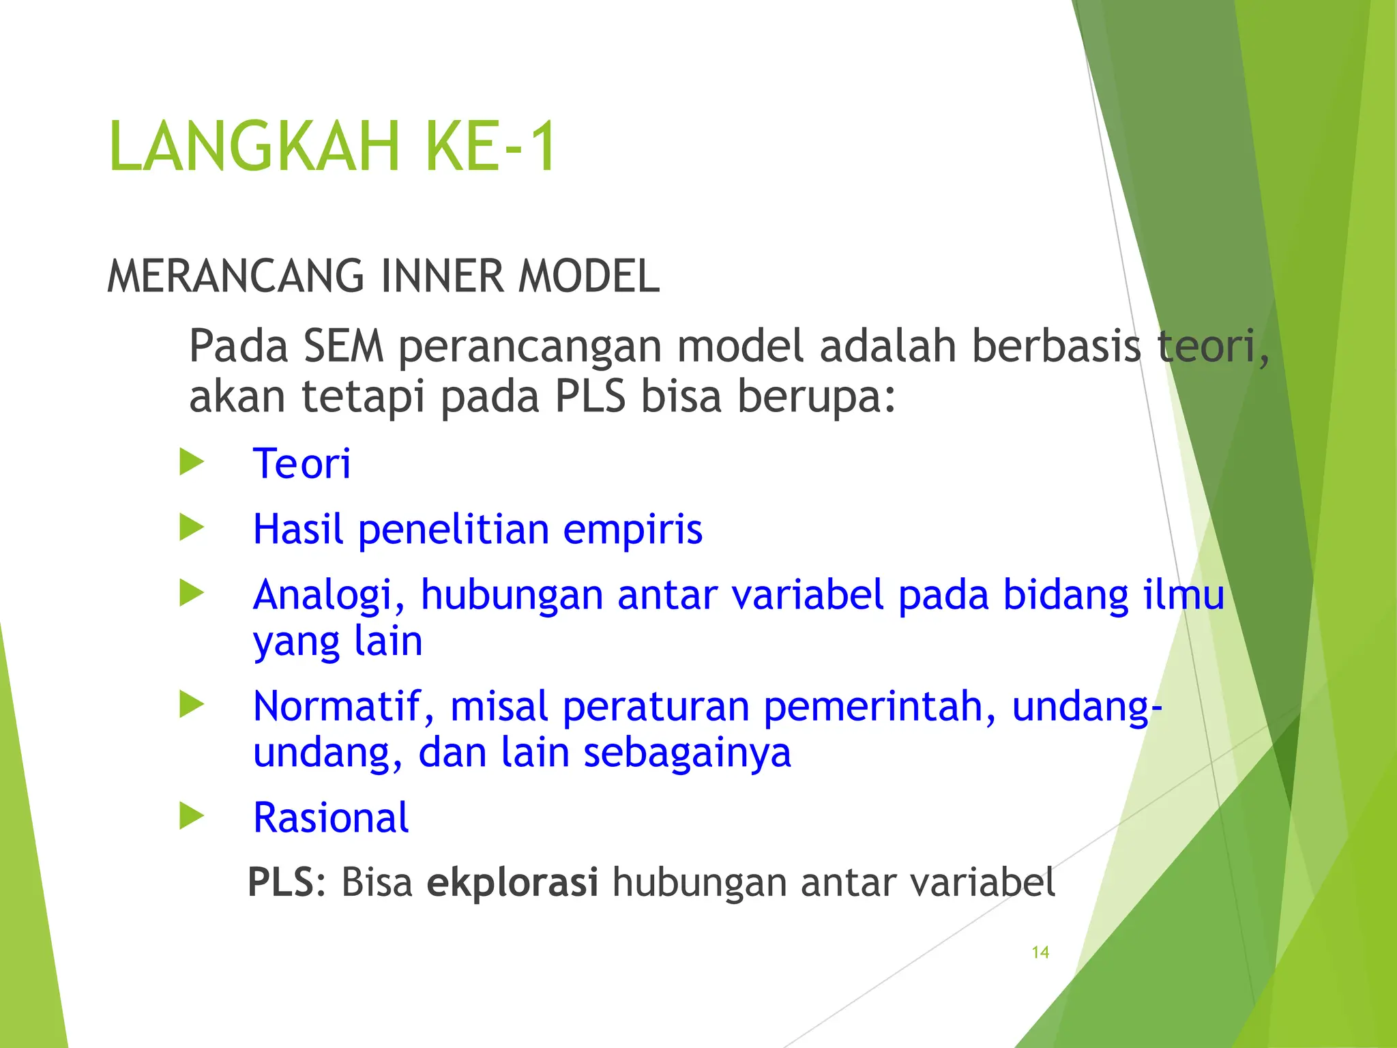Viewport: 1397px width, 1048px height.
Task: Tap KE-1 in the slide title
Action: [x=490, y=147]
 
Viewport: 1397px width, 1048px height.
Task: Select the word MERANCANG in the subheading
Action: [x=235, y=276]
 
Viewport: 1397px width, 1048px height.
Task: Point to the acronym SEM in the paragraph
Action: [x=343, y=346]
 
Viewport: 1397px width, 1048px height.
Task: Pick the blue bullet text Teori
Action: [x=302, y=464]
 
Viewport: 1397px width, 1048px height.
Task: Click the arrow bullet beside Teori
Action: [x=192, y=462]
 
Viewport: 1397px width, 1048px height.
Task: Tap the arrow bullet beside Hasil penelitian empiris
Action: [x=192, y=527]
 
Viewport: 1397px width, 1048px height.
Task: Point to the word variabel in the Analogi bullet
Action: [x=808, y=595]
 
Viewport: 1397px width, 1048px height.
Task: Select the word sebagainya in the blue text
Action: [x=687, y=753]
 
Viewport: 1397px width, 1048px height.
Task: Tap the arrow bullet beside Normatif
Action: [x=192, y=704]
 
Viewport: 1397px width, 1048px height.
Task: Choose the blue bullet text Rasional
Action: [x=331, y=817]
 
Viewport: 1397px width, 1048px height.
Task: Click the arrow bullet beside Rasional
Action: [x=192, y=815]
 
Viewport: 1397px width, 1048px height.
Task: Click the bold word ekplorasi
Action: [x=512, y=882]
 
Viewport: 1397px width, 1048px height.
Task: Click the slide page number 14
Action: [x=1040, y=952]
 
